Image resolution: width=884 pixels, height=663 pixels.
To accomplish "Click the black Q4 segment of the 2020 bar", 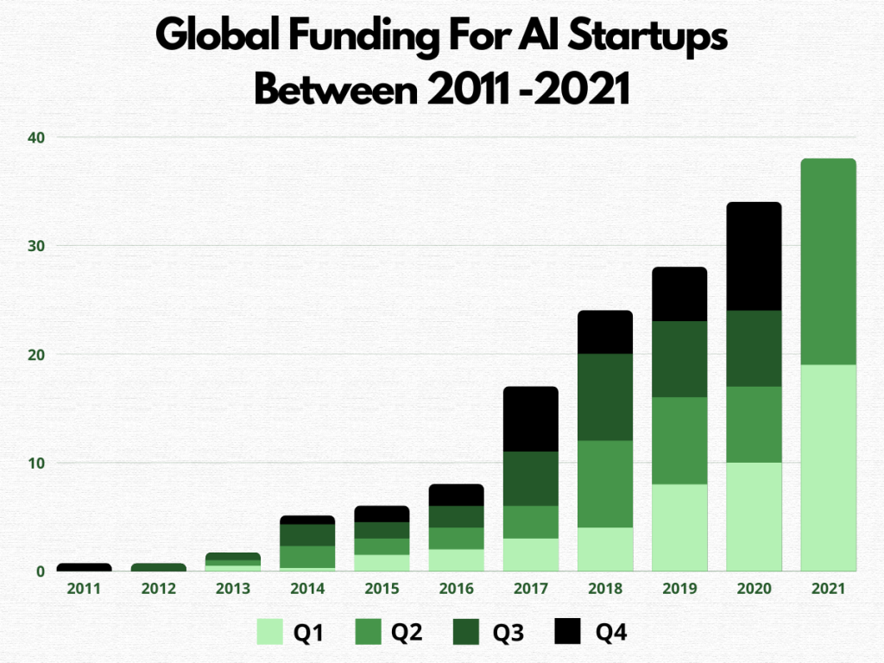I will point(754,256).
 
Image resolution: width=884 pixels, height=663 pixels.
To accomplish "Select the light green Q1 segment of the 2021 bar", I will point(828,467).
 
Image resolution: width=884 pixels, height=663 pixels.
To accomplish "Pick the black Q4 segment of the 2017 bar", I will point(531,419).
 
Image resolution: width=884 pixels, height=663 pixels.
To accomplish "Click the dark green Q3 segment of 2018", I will point(605,397).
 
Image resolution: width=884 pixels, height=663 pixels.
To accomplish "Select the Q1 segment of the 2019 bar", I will point(679,527).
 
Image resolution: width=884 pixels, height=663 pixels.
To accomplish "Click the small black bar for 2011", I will point(85,567).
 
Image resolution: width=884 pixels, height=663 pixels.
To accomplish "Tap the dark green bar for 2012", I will point(159,567).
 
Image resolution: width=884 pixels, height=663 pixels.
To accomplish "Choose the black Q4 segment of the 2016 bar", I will point(457,495).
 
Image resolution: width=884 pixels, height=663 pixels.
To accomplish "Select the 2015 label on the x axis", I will point(382,589).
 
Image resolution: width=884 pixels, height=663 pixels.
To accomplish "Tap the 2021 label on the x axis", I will point(828,589).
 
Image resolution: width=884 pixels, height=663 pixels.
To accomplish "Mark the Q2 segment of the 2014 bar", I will point(307,557).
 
